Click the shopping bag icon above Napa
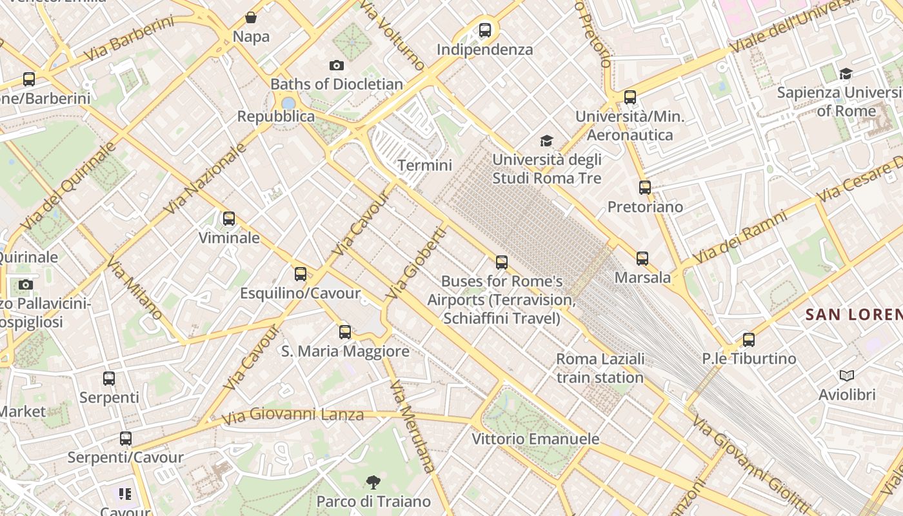251,17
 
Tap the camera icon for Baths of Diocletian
336,65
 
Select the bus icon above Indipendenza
485,30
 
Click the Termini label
424,165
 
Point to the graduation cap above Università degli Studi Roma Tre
546,141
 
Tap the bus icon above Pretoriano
645,188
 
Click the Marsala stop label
642,277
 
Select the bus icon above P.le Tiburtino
748,339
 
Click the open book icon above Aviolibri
846,375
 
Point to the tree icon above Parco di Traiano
373,482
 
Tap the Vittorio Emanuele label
535,439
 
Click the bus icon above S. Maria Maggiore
345,332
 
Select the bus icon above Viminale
229,219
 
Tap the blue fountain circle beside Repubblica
288,103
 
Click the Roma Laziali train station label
600,368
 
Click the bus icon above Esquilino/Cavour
300,274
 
